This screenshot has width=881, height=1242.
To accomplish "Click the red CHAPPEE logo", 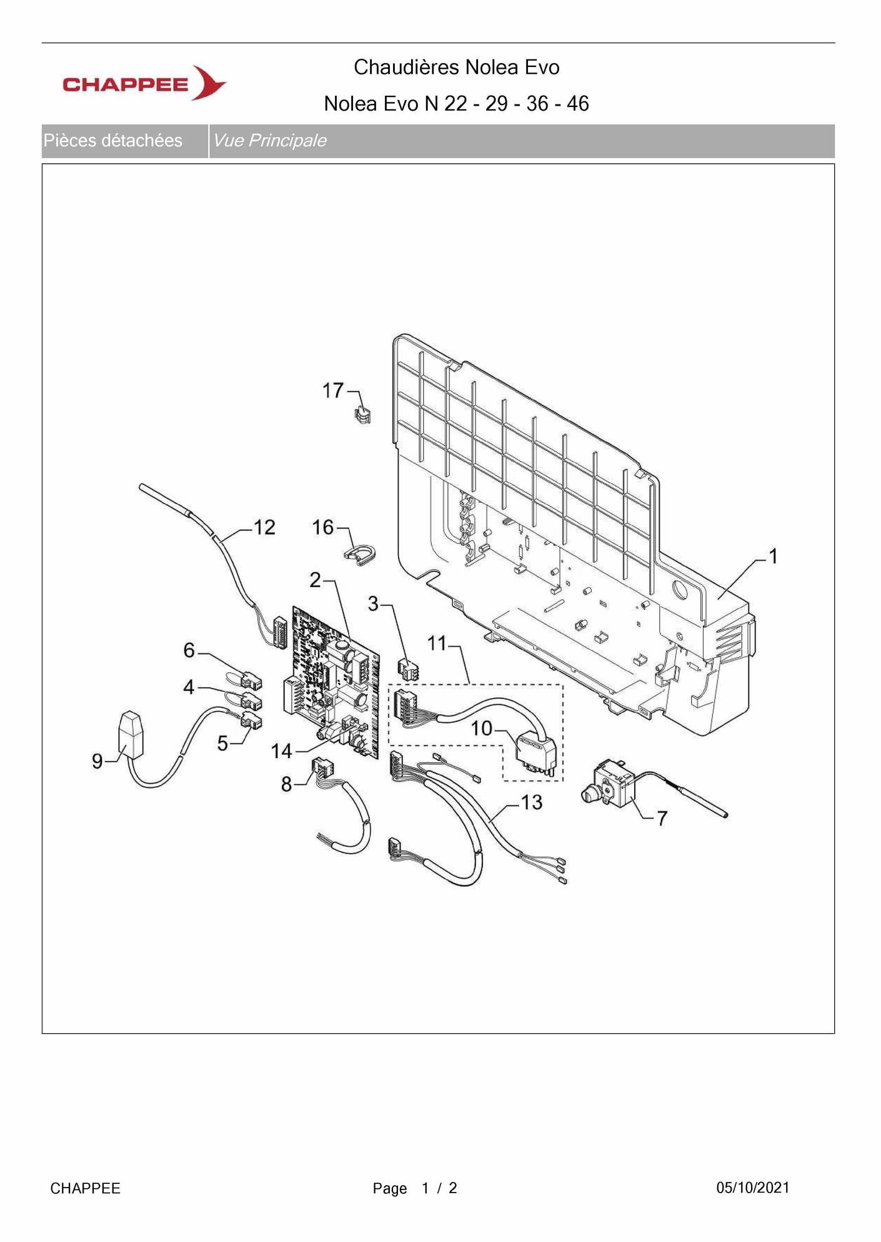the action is coord(144,83).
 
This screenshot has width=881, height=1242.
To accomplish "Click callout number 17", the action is coord(333,390).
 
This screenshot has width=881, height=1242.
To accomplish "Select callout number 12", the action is coord(264,527).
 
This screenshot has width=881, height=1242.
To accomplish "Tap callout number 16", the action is coord(323,527).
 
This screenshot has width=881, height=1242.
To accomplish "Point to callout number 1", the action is coord(773,555).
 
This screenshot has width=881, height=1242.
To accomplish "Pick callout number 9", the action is coord(97,760).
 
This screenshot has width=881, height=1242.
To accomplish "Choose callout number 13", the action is coord(531,802).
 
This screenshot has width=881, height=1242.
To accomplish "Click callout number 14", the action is coord(282,750).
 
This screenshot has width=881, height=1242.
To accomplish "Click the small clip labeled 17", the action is coord(363,414).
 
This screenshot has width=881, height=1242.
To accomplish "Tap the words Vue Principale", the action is coord(270,141).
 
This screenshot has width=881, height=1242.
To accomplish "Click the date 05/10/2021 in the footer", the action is coord(753,1188).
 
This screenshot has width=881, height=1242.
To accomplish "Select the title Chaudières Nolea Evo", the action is coord(457,67).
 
